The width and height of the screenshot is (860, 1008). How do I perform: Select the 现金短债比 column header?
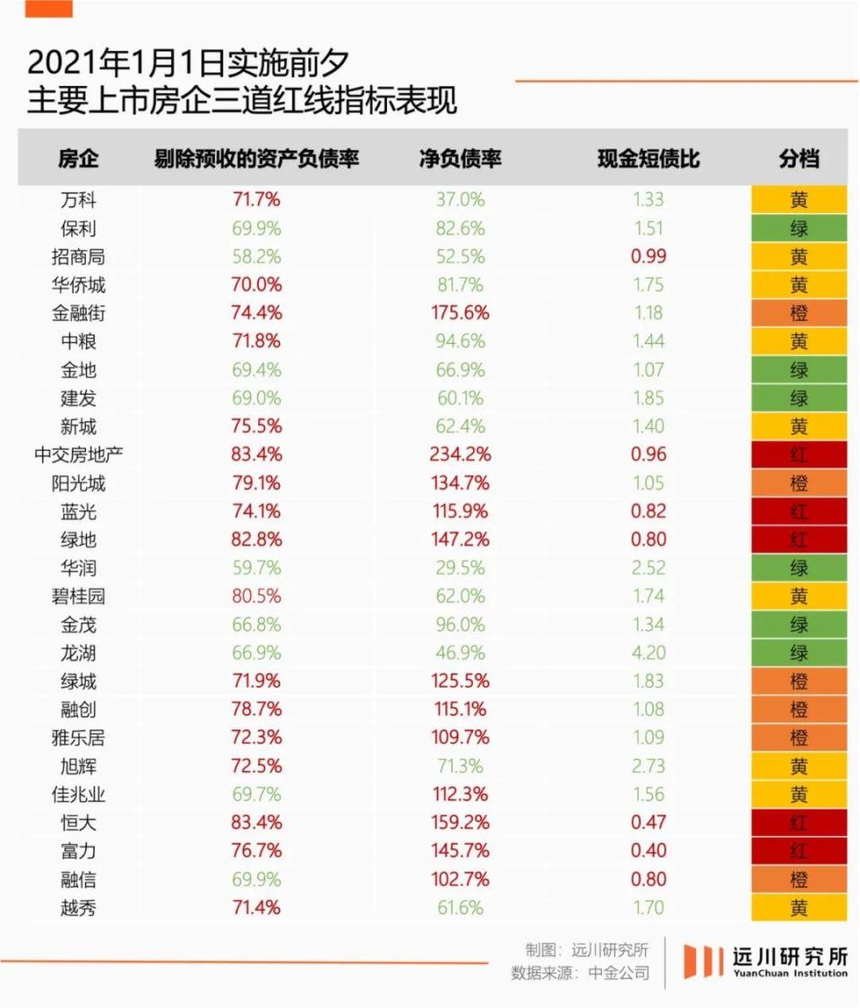pos(649,159)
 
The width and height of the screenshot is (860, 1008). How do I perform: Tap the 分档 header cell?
pos(799,159)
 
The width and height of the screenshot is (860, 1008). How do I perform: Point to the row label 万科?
pos(78,200)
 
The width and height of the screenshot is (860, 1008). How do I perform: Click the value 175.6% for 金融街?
pos(460,313)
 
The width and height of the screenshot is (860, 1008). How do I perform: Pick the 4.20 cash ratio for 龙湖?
pos(649,652)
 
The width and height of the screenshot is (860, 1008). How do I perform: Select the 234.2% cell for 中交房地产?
pos(460,454)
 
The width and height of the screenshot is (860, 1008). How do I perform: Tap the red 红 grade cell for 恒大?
pos(799,823)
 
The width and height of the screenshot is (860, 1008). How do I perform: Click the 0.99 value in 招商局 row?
pos(649,256)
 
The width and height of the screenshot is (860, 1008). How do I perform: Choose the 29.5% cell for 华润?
pos(460,568)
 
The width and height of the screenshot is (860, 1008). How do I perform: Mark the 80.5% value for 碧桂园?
pos(256,596)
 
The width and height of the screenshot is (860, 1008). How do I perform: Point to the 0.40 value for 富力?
pos(649,850)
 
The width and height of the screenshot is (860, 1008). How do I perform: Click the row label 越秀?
pos(78,908)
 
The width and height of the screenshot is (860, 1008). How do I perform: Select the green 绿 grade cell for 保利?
pos(799,228)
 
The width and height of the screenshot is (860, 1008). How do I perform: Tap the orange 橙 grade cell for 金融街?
pos(799,313)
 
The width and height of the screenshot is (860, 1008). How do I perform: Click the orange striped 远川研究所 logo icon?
pos(703,961)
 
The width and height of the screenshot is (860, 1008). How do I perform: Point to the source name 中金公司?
pos(619,973)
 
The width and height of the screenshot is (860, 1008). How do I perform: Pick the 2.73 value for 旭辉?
pos(649,766)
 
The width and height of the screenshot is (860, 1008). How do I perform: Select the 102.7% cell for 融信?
pos(460,879)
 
